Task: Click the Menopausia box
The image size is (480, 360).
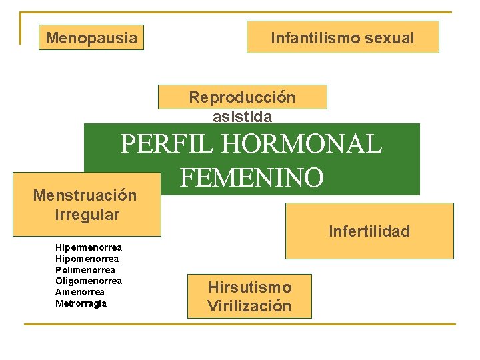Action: click(x=91, y=38)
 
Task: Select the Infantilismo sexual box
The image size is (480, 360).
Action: click(x=343, y=37)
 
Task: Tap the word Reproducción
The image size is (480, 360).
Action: click(x=242, y=97)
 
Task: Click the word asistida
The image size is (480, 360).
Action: click(x=242, y=117)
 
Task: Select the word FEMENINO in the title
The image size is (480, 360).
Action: click(x=252, y=177)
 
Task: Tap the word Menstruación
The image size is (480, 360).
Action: click(x=85, y=195)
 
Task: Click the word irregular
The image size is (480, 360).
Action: click(x=87, y=215)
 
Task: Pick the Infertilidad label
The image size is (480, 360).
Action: click(x=369, y=231)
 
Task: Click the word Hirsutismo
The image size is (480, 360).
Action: click(x=249, y=287)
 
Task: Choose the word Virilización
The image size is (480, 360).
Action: click(x=249, y=306)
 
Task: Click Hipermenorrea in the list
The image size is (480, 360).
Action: click(x=89, y=247)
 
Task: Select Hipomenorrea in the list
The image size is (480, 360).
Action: click(x=87, y=259)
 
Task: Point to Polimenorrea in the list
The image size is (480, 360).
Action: click(x=85, y=270)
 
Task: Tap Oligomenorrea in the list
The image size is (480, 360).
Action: click(x=89, y=281)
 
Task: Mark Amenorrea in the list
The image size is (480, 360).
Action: click(x=80, y=292)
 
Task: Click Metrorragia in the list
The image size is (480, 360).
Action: click(x=81, y=303)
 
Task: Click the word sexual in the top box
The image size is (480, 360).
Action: click(x=390, y=38)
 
